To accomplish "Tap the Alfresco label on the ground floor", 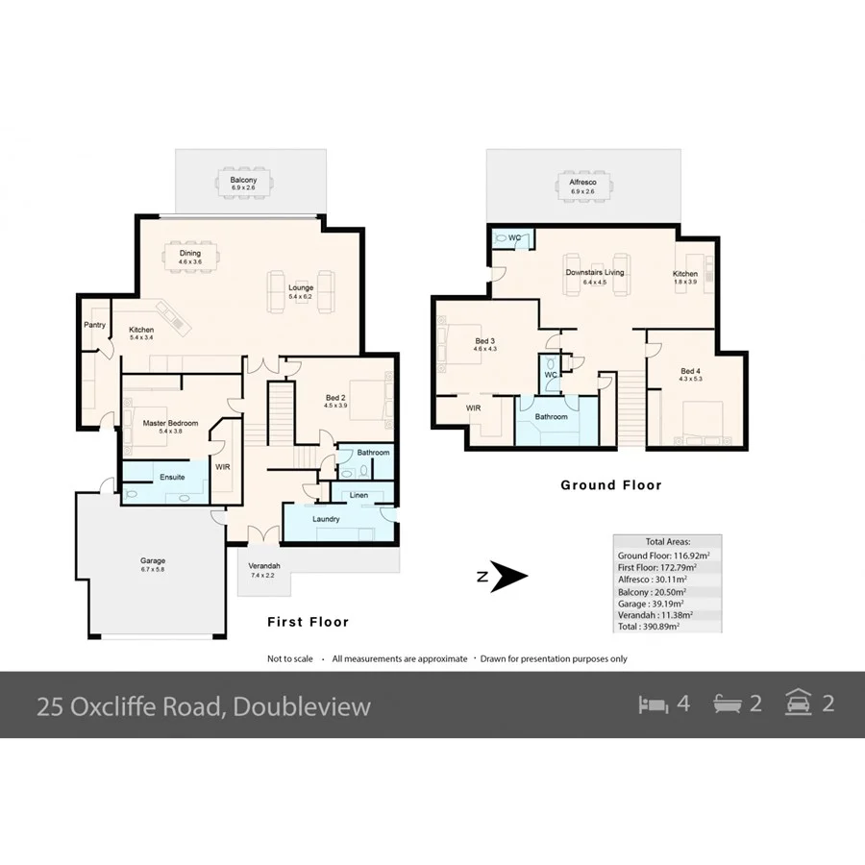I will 583,181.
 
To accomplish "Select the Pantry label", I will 94,325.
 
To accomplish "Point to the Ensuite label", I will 146,477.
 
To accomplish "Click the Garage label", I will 153,560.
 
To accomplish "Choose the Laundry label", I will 326,519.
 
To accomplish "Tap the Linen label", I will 358,495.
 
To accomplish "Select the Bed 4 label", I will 690,371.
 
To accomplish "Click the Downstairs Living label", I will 594,273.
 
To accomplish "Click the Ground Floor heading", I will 611,485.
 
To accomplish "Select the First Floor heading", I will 308,622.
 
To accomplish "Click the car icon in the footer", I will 797,703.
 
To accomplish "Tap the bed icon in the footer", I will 653,704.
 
